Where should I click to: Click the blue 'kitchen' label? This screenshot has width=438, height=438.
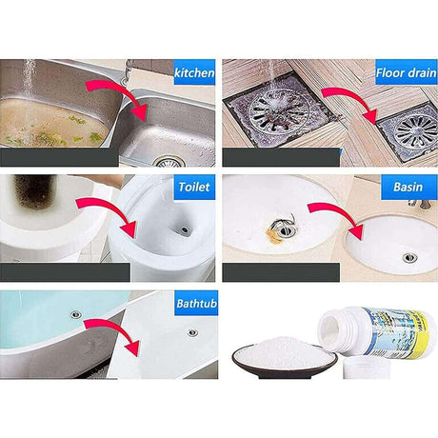[194, 72]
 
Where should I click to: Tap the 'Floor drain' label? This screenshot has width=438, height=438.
[407, 72]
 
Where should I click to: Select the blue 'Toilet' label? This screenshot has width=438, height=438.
[194, 187]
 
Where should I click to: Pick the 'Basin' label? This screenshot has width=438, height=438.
[408, 187]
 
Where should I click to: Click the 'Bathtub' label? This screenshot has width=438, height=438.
[196, 303]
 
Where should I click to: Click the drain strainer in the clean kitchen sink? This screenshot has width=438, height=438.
[169, 162]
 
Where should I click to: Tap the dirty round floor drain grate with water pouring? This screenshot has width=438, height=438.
[278, 110]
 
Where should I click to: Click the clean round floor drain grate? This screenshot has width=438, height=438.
[416, 131]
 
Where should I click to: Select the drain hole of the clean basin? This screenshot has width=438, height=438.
[409, 257]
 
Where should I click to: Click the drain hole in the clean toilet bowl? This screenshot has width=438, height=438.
[184, 229]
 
